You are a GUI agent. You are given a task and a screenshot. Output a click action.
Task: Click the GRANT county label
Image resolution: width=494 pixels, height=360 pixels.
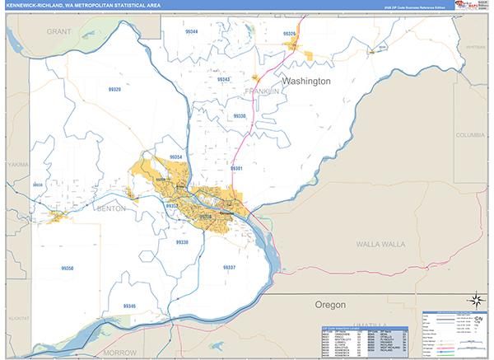[x=58, y=30]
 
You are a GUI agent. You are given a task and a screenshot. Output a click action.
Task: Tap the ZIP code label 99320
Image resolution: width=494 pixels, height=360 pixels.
[x=114, y=89]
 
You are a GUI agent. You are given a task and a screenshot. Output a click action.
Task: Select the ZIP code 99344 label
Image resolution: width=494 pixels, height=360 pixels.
[x=192, y=30]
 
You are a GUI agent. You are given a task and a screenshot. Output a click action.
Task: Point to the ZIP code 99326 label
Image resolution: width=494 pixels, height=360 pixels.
[x=288, y=34]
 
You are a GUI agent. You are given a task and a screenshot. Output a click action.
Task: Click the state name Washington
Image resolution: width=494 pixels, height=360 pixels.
[x=306, y=82]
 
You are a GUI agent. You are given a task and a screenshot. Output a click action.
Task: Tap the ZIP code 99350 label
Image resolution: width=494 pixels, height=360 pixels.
[x=68, y=269]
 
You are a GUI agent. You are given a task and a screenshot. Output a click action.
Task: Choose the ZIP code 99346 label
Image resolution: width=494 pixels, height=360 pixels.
[x=129, y=306]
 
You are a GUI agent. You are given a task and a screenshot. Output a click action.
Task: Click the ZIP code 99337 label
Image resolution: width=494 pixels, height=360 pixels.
[x=229, y=268]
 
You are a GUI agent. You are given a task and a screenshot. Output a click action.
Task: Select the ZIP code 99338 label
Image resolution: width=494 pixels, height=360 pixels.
[x=182, y=242]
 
